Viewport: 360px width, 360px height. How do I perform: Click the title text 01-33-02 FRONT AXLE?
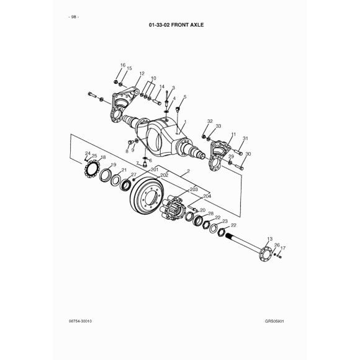point(176,25)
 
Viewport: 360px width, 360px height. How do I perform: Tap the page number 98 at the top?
point(74,17)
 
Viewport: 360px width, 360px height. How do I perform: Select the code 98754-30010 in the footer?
point(80,321)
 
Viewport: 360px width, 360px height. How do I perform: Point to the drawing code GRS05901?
point(274,321)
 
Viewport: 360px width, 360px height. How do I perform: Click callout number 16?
point(123,65)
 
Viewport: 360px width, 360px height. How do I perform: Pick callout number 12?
point(142,73)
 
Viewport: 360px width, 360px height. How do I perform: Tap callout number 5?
point(185,97)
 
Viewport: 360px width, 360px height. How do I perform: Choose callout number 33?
point(218,126)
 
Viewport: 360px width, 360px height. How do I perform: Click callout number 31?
point(245,138)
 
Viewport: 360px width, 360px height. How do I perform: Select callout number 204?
point(207,196)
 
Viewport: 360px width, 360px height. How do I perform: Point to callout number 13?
point(270,239)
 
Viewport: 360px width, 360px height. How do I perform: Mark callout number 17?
point(283,248)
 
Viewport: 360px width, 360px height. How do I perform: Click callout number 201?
point(155,169)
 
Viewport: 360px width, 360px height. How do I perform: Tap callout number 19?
point(114,164)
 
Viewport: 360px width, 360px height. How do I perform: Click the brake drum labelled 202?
point(147,196)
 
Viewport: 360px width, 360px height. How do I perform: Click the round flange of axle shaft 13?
point(265,253)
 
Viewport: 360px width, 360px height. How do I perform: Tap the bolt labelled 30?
point(239,167)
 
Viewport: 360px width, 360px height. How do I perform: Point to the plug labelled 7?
point(145,164)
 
